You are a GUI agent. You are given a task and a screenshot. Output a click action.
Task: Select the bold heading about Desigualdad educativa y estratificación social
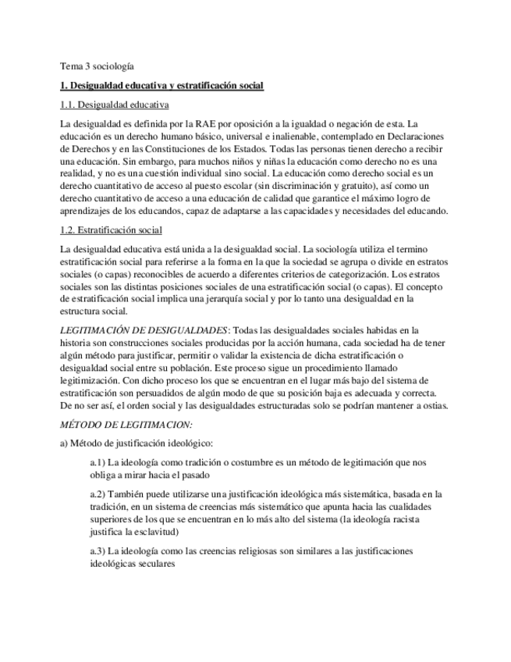click(x=162, y=85)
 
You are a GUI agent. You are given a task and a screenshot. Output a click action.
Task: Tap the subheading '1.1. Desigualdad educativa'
click(x=115, y=105)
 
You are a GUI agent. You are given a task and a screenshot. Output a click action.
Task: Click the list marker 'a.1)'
click(x=98, y=463)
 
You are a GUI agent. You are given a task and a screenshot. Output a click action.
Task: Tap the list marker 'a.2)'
click(x=98, y=494)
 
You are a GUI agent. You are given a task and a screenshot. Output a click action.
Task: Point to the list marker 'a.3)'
click(x=98, y=550)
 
